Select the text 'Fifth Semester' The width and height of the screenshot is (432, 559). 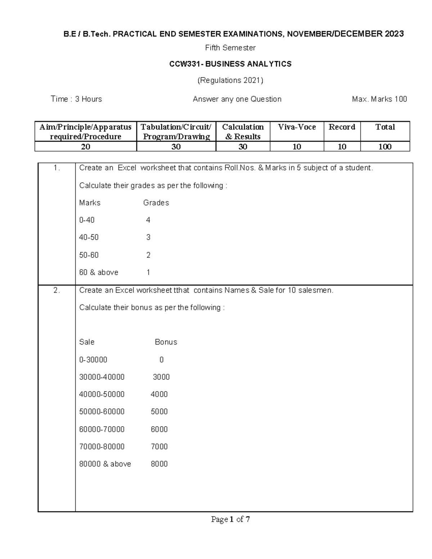click(x=230, y=48)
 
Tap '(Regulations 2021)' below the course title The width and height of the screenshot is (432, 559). click(x=230, y=80)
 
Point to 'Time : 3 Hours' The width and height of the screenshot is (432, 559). click(x=76, y=99)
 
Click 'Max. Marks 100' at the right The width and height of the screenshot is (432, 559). click(x=379, y=99)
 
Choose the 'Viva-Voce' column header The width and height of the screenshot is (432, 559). click(x=297, y=127)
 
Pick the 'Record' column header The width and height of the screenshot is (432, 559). click(x=342, y=127)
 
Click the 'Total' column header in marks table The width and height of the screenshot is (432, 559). click(x=385, y=127)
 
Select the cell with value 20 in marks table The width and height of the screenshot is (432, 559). click(x=86, y=146)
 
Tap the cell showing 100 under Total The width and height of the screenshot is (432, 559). click(x=385, y=146)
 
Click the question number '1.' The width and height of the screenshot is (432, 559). click(x=57, y=168)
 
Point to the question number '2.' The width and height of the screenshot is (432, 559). click(x=57, y=290)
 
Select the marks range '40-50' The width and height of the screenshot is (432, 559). click(x=89, y=238)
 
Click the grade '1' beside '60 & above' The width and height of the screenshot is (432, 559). click(x=148, y=272)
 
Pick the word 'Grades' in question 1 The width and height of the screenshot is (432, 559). click(x=156, y=203)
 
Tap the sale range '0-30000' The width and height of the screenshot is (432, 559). click(x=93, y=360)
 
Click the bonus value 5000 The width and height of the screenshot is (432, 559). click(x=159, y=412)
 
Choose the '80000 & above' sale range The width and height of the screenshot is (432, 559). click(x=105, y=464)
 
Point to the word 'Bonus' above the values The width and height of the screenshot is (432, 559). click(x=166, y=342)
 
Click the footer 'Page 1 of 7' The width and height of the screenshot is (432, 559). click(x=230, y=519)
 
